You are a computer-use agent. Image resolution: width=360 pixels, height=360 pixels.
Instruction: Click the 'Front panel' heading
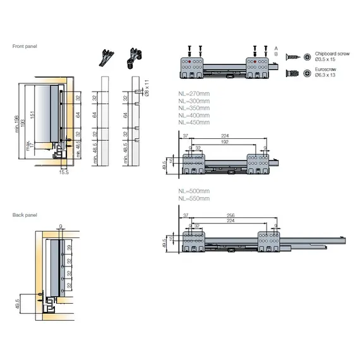pos(24,46)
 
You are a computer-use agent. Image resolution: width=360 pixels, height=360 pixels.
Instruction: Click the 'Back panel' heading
pos(24,215)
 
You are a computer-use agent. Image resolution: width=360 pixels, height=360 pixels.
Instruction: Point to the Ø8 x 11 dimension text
pos(145,88)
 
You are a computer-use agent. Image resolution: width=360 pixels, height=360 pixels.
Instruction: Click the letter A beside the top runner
pos(276,48)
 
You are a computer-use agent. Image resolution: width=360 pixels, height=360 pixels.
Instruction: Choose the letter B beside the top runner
pos(276,54)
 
